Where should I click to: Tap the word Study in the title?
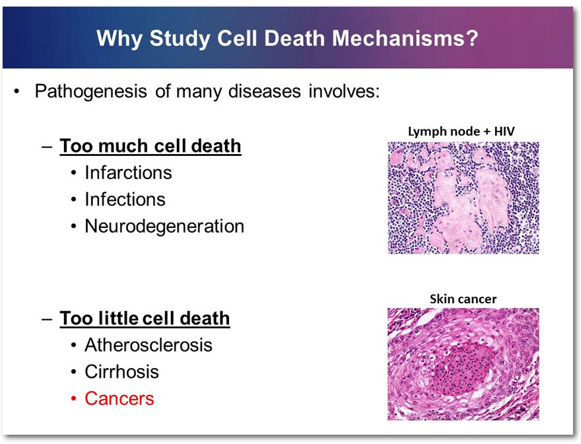(180, 39)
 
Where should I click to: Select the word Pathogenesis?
(91, 91)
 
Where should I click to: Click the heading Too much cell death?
(151, 146)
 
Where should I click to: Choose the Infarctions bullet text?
(128, 172)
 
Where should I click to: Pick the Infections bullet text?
(125, 199)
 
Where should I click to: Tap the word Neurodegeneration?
(164, 226)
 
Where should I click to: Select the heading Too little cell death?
(145, 318)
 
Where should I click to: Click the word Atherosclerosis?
(148, 345)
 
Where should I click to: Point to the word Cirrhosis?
(121, 372)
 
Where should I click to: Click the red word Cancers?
(120, 399)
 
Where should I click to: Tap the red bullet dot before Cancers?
(74, 399)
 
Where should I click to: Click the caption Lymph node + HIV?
(461, 131)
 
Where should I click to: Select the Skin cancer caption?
(463, 299)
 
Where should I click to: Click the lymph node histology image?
(463, 198)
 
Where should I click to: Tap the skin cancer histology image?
(463, 364)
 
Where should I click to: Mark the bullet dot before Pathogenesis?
(16, 91)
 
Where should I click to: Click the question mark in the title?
(473, 38)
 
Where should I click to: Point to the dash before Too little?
(47, 319)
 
